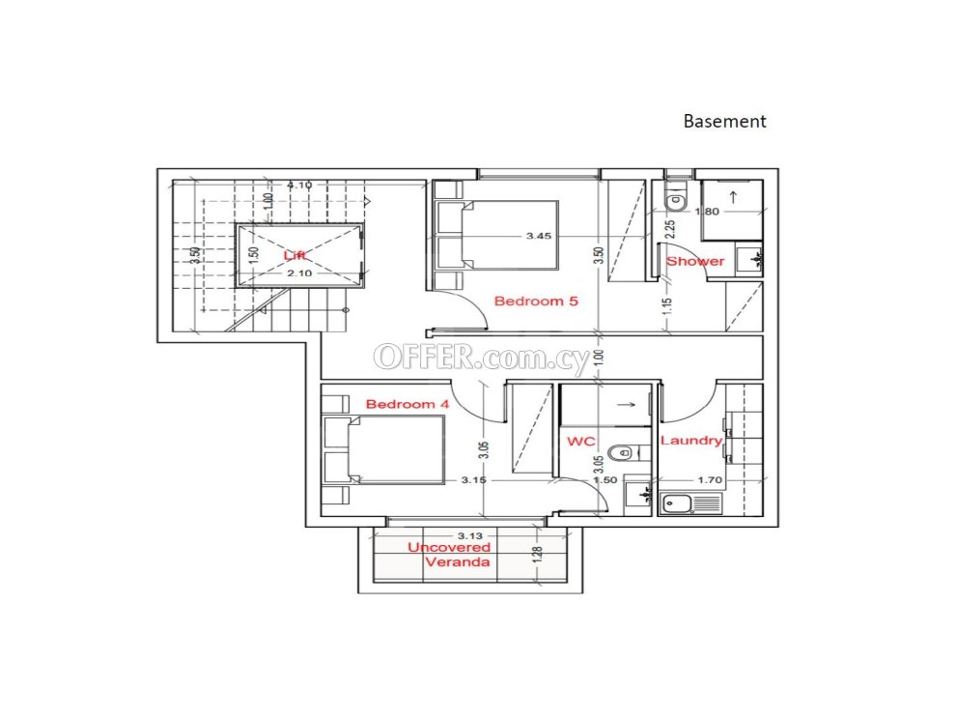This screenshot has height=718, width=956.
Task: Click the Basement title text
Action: pyautogui.click(x=724, y=122)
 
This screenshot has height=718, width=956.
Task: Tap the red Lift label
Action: pyautogui.click(x=295, y=255)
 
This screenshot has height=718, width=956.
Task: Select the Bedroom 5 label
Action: pyautogui.click(x=536, y=301)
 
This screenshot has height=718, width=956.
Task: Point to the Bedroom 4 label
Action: pyautogui.click(x=408, y=404)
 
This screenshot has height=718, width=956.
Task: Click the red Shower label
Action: pyautogui.click(x=695, y=261)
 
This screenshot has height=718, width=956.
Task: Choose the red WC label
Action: pyautogui.click(x=581, y=441)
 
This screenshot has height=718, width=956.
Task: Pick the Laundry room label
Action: pyautogui.click(x=691, y=441)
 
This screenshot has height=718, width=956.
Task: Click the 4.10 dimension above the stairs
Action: pyautogui.click(x=299, y=185)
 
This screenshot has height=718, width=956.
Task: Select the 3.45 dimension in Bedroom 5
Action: pyautogui.click(x=539, y=236)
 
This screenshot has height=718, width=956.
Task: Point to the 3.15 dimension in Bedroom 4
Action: pyautogui.click(x=474, y=480)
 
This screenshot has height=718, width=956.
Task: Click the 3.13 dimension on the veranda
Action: pyautogui.click(x=470, y=535)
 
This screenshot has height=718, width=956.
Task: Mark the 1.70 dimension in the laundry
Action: pyautogui.click(x=710, y=480)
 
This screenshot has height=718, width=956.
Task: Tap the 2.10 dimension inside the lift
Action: pyautogui.click(x=299, y=273)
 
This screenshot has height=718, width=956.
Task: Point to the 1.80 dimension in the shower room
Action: pyautogui.click(x=707, y=212)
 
